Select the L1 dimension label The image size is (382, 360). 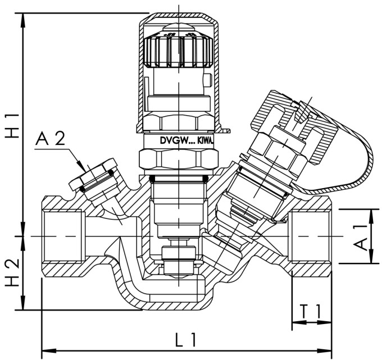[185, 339]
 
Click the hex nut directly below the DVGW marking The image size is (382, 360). [178, 160]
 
